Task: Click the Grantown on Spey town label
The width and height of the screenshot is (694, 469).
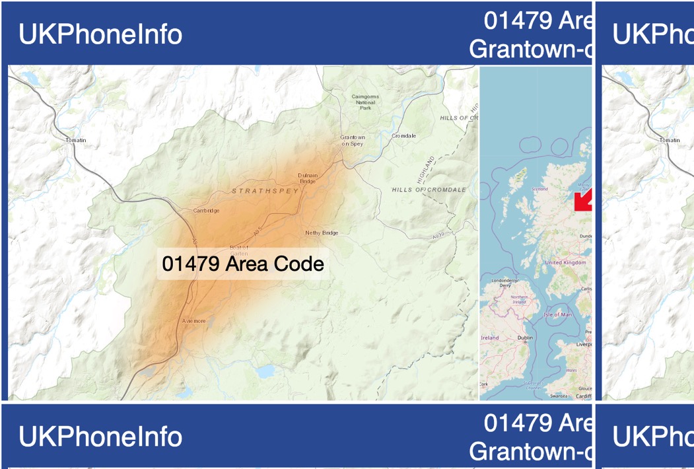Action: point(353,141)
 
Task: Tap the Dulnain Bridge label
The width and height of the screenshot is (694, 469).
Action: point(308,178)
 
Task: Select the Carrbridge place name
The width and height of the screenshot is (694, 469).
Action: point(207,211)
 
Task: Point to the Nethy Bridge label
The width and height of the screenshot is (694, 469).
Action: point(322,233)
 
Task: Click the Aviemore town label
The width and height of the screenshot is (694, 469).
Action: point(194,321)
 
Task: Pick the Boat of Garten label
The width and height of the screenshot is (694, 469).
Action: point(238,249)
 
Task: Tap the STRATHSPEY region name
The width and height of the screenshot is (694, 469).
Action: point(265,191)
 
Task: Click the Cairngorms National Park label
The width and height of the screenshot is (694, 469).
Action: point(365,102)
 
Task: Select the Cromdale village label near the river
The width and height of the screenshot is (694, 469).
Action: point(404,136)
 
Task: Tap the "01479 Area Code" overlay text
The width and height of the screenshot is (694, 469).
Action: point(243,264)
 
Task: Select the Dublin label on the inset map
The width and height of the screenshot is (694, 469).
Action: point(526,338)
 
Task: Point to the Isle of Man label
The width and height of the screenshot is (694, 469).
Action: point(558,314)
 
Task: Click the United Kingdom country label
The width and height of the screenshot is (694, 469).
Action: point(565,262)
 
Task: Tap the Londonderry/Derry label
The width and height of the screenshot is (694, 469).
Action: point(505,283)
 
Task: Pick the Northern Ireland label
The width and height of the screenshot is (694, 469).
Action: point(520,299)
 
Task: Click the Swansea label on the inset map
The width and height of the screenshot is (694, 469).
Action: point(559,396)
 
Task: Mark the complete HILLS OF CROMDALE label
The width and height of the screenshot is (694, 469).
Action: point(429,190)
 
